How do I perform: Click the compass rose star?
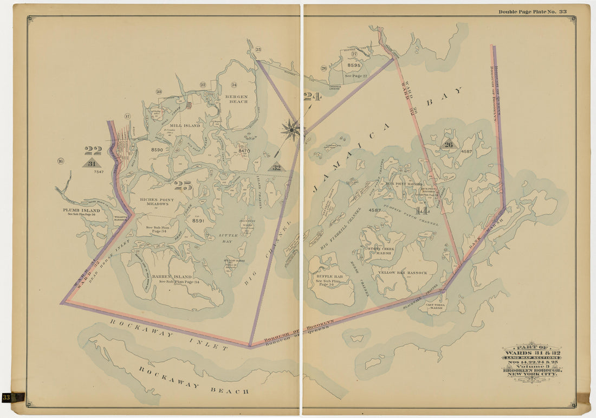291,130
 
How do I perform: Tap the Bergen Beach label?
236,99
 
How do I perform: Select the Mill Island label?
185,125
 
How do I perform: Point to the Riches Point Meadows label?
157,202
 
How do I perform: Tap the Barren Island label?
172,276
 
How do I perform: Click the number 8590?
157,150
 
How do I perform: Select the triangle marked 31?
92,163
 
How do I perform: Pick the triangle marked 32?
276,168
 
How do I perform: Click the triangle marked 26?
448,144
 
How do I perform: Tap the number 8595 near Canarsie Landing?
354,65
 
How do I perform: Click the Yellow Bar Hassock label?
403,272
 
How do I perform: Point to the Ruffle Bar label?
329,276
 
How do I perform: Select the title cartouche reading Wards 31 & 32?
532,359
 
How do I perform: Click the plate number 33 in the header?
562,11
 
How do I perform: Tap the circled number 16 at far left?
60,160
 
